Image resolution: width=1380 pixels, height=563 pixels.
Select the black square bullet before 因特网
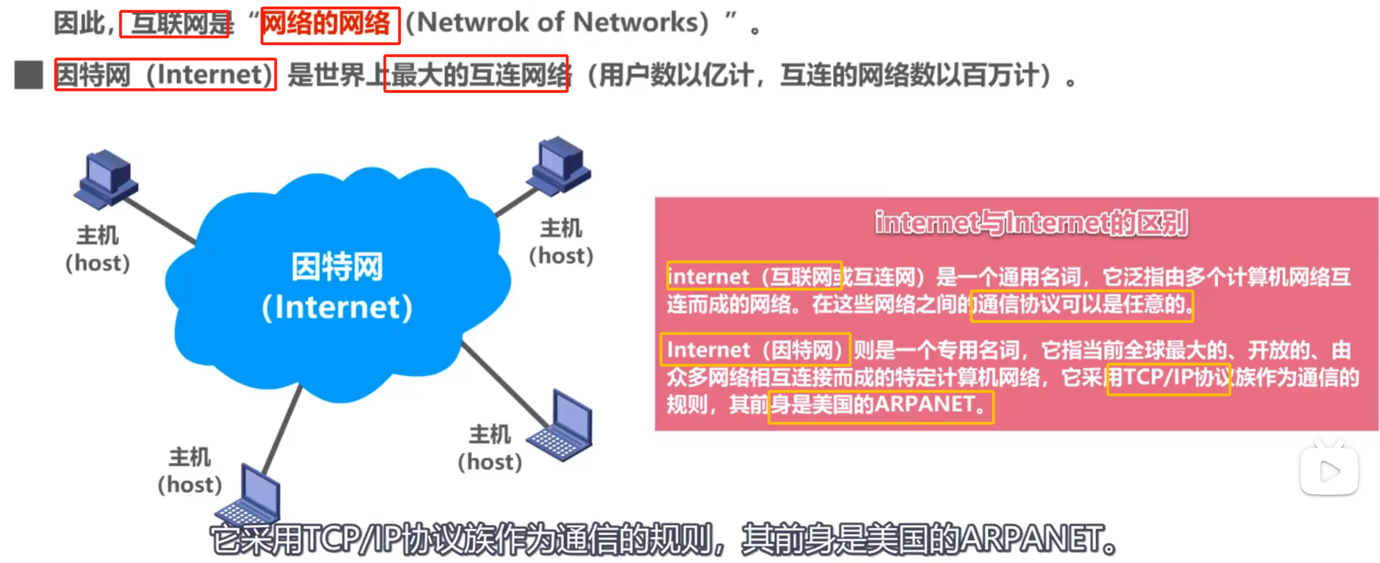coord(28,75)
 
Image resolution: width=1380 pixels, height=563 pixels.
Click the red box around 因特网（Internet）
coord(165,74)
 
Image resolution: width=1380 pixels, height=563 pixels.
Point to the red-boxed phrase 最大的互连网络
coord(476,74)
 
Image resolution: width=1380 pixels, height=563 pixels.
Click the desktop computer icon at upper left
coord(106,178)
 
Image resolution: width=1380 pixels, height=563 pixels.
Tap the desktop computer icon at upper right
coord(560,166)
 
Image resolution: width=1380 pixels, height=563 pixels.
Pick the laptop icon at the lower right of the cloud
coord(563,426)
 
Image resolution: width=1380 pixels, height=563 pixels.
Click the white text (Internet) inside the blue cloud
coord(337,307)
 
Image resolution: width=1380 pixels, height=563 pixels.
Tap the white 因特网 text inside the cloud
coord(337,267)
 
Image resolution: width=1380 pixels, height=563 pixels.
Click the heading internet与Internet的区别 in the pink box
coord(1031,223)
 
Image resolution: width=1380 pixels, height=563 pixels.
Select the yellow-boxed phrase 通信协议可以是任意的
coord(1081,306)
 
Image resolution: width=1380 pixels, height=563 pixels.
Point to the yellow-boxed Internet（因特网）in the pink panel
coord(755,349)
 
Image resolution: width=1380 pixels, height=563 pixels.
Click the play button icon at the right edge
coord(1329,471)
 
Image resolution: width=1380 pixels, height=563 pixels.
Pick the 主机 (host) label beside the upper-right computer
coord(561,242)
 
